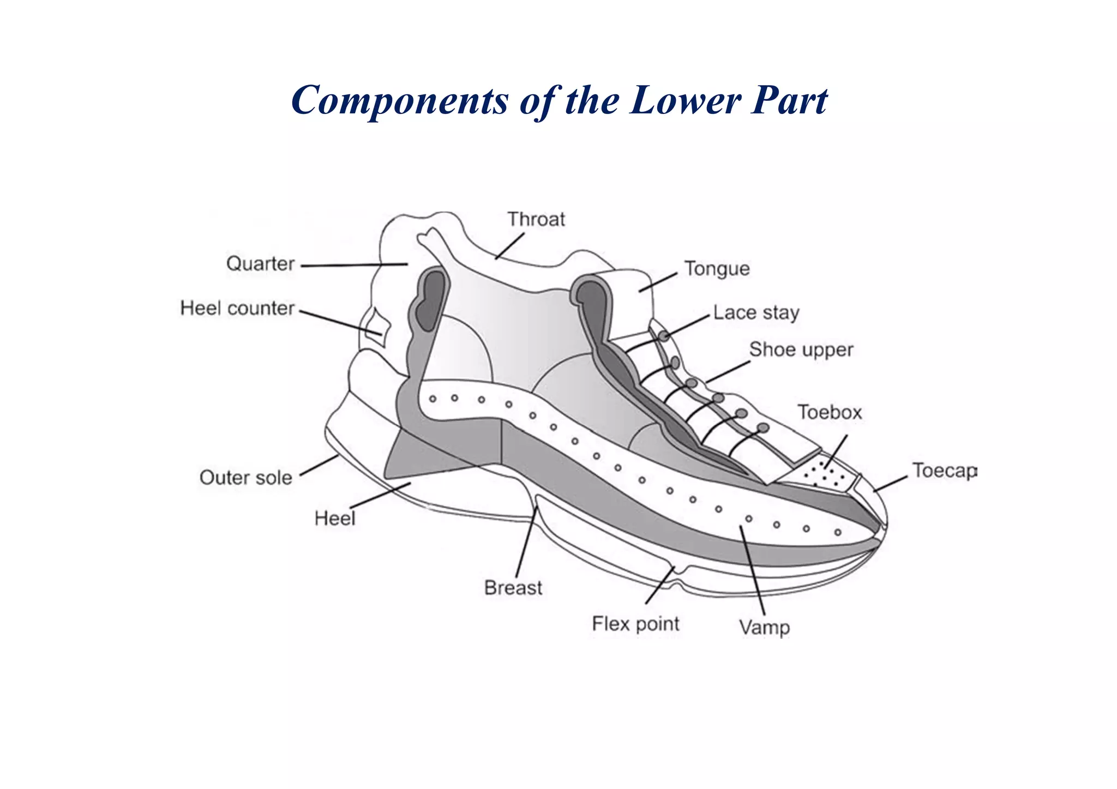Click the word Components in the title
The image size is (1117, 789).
point(399,101)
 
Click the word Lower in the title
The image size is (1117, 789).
point(685,100)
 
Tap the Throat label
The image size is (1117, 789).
point(536,219)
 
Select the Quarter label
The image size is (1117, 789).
point(260,264)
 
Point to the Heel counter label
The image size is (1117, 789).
point(237,309)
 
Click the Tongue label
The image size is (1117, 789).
point(717,269)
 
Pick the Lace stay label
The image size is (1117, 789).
point(756,313)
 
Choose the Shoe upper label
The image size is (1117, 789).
point(801,350)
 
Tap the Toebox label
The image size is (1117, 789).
point(830,412)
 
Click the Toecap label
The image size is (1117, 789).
point(944,471)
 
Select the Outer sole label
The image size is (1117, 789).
point(245,478)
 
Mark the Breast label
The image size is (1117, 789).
point(513,588)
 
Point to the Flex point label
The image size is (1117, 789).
point(635,624)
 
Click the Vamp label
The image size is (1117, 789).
point(764,628)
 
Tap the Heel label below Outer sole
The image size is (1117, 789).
point(334,518)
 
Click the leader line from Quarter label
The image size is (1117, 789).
point(355,265)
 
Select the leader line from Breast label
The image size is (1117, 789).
point(526,545)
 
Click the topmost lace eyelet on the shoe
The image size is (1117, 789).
point(663,336)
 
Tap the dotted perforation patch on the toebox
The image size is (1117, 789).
point(824,474)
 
